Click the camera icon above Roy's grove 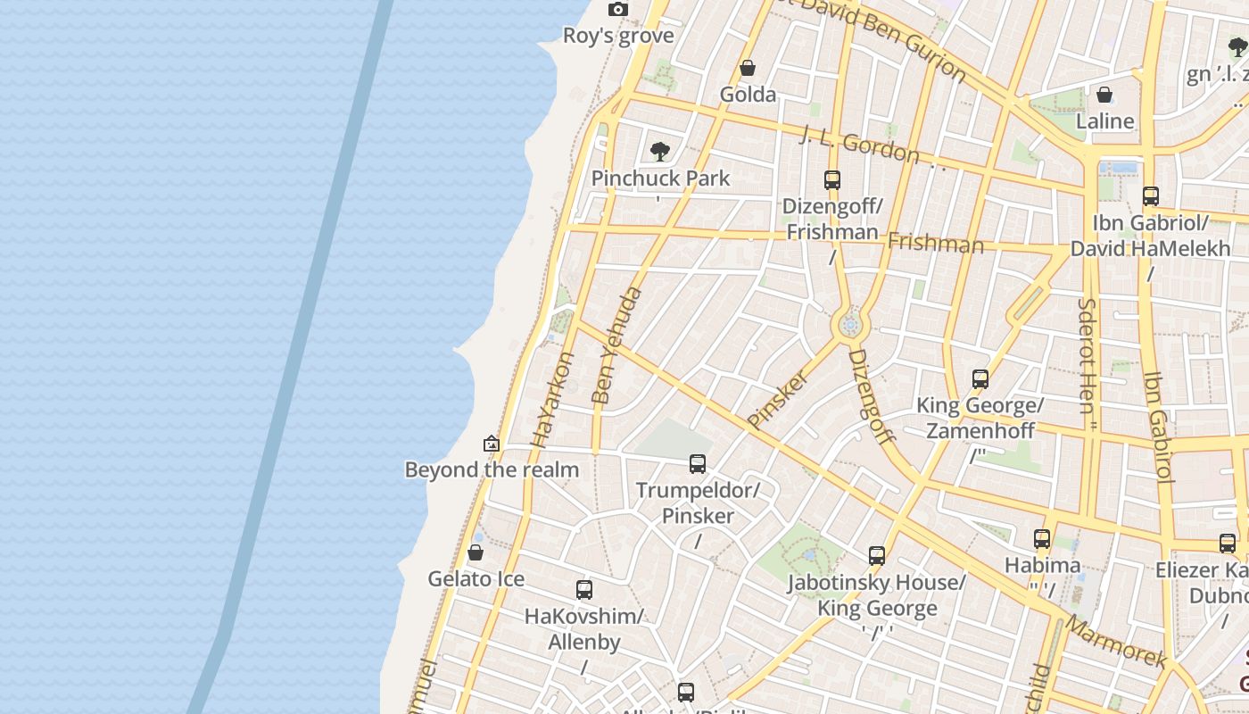(x=617, y=10)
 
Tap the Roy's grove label (x=618, y=36)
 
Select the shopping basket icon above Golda (x=748, y=69)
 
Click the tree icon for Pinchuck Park (x=660, y=152)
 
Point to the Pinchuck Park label (x=661, y=178)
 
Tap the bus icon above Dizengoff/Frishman (x=832, y=180)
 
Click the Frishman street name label (x=935, y=243)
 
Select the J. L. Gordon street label (x=858, y=144)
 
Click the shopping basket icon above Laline (x=1104, y=95)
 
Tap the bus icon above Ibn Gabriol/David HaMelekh (x=1151, y=196)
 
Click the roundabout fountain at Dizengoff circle (x=850, y=326)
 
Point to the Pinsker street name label (x=778, y=399)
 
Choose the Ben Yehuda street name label (x=616, y=345)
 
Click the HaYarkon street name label (x=552, y=399)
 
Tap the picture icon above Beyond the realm (x=491, y=444)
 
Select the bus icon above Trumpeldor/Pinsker (x=698, y=464)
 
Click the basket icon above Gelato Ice (x=476, y=553)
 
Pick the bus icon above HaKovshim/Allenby (x=584, y=590)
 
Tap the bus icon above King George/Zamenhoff (x=980, y=379)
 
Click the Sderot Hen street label (x=1087, y=355)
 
